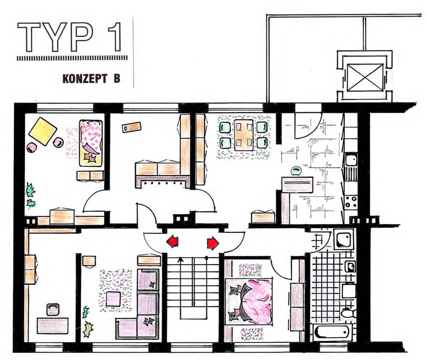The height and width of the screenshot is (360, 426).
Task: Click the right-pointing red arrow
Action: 213,243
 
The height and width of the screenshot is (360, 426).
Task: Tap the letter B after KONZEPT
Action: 117,79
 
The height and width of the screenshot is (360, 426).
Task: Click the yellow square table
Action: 43,131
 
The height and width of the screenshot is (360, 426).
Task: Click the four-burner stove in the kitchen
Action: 351,202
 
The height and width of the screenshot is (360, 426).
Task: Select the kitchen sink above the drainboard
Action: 351,159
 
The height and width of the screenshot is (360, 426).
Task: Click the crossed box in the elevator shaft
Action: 365,77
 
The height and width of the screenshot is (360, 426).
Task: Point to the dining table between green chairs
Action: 244,135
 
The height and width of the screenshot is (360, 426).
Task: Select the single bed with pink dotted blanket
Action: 91,143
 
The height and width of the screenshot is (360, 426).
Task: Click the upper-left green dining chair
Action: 225,127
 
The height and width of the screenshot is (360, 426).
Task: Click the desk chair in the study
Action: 53,309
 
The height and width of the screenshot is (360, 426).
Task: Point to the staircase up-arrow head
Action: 180,260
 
